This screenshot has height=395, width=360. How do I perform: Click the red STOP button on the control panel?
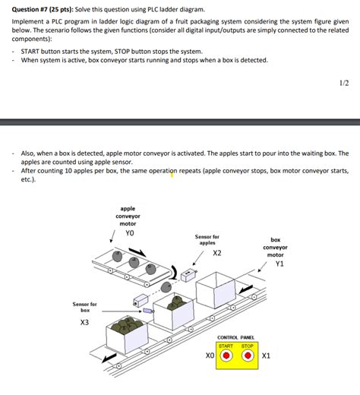(247, 355)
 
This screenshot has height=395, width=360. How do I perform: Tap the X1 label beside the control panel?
(266, 355)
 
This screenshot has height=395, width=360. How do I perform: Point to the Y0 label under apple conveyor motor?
(128, 233)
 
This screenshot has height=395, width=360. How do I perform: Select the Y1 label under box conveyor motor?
(279, 264)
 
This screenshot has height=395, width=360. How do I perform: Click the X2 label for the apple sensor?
(217, 253)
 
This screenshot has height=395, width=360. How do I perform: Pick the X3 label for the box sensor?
(84, 322)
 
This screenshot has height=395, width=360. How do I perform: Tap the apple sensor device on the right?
(189, 278)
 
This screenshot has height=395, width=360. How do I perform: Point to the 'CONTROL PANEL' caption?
(235, 337)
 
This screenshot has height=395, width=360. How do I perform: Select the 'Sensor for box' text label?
(85, 307)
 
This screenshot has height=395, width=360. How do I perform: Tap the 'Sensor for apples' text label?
(207, 240)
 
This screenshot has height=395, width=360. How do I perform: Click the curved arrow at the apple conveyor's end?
(177, 271)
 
